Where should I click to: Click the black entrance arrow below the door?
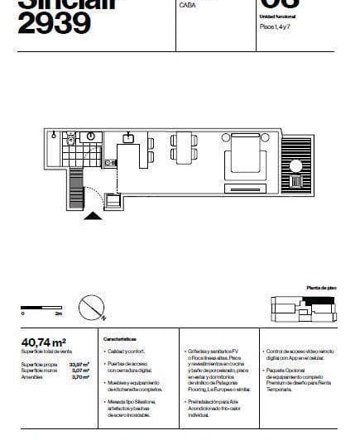[x=94, y=216]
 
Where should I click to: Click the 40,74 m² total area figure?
[x=43, y=341]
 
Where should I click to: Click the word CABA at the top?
[x=186, y=5]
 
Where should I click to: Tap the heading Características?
[x=125, y=340]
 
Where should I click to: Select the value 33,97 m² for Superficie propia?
[x=79, y=363]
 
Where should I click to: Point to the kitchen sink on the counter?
[x=129, y=137]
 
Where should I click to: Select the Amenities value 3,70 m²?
[x=80, y=376]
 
